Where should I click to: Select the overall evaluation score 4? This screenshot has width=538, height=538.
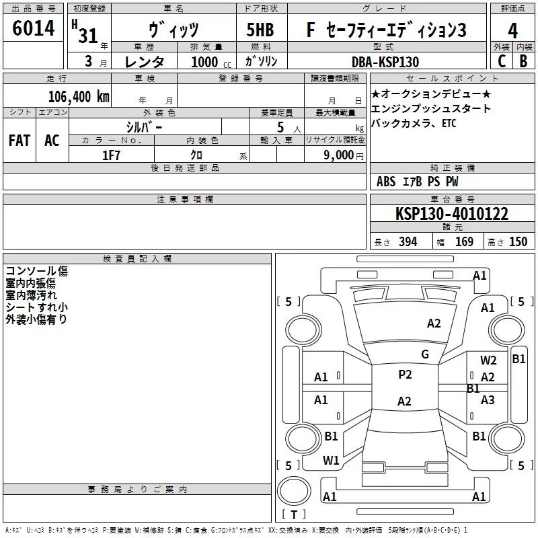coord(512,31)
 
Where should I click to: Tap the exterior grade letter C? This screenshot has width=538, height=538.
coord(501,61)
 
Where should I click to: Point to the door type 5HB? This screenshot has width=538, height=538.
coord(260,31)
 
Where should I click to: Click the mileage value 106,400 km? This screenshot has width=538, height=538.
coord(79,96)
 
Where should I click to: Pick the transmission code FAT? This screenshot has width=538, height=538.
coord(20,141)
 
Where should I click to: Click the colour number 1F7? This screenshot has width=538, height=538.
coord(111,155)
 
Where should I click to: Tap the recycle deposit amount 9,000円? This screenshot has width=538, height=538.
coord(343,155)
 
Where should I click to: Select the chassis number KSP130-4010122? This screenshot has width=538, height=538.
coord(451,215)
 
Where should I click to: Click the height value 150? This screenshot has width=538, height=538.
coord(518,242)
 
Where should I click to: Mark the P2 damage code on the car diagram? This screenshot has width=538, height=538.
coord(404,375)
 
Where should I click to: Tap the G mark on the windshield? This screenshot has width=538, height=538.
coord(424,354)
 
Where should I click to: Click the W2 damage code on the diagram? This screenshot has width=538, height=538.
coord(488,360)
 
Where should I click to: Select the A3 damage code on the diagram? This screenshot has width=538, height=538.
coord(488,400)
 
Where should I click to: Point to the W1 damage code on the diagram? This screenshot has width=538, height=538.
coord(331,461)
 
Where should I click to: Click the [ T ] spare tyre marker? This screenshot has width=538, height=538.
coord(294,515)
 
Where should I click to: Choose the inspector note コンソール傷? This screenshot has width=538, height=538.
coord(36,272)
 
